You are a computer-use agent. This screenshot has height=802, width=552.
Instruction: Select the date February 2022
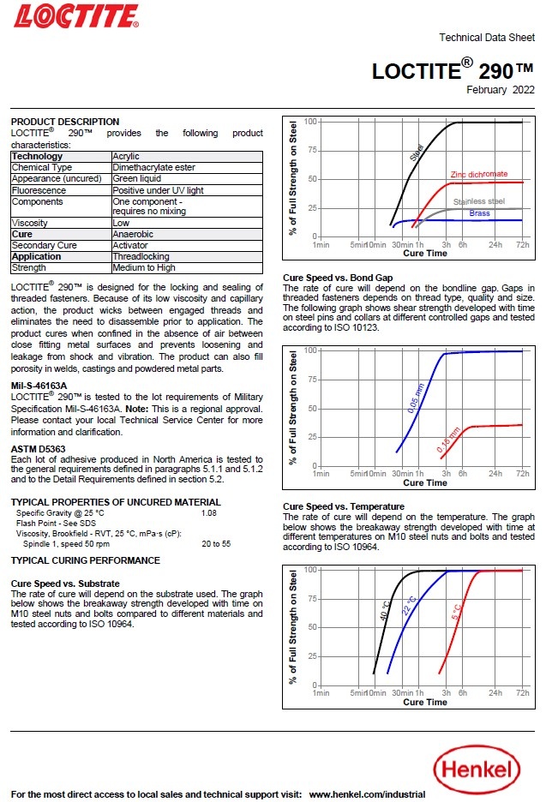[x=501, y=89]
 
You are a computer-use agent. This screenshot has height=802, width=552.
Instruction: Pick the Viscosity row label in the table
[x=30, y=222]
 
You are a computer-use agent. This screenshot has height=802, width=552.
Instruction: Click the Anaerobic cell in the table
[x=133, y=234]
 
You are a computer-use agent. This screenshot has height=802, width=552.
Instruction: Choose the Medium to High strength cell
[x=144, y=267]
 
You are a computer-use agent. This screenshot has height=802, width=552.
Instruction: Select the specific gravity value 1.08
[x=209, y=512]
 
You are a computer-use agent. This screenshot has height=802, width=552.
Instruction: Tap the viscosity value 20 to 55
[x=216, y=543]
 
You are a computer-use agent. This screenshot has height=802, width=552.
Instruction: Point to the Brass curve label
[x=481, y=212]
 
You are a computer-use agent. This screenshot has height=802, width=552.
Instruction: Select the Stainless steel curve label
[x=479, y=201]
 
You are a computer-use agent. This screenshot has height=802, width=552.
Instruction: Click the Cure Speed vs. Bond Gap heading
[x=338, y=278]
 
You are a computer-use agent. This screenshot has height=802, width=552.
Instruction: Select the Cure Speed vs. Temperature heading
[x=343, y=507]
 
